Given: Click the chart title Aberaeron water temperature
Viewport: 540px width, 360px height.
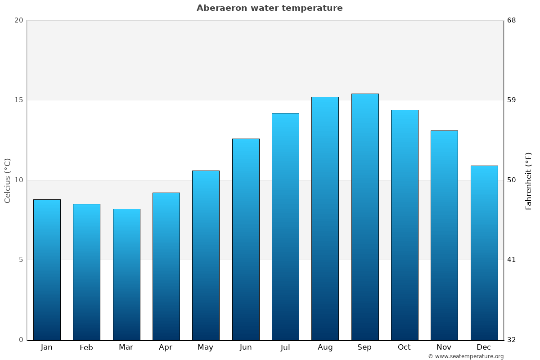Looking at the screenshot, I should (x=270, y=8).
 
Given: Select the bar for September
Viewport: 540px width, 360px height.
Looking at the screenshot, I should (x=365, y=216).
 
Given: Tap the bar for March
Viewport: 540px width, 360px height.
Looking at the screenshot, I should (x=126, y=274).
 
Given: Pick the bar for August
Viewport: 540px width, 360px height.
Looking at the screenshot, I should (x=325, y=218).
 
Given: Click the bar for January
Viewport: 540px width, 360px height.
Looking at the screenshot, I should (x=47, y=270).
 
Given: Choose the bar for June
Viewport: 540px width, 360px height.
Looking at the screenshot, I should (x=246, y=239).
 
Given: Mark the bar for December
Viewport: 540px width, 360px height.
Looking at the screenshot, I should (x=484, y=252).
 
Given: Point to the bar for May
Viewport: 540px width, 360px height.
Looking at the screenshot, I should (x=206, y=255).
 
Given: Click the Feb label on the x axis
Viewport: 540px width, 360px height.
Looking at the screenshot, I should (x=86, y=347).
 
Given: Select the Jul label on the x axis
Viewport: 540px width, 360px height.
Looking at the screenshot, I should (x=285, y=347).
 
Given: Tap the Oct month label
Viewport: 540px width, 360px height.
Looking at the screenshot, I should (x=404, y=347).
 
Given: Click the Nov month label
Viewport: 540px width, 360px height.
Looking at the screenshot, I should (x=444, y=347).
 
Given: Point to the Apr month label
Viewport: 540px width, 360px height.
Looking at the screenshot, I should (x=166, y=347).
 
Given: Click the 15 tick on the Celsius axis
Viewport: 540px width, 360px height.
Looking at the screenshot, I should (x=18, y=100).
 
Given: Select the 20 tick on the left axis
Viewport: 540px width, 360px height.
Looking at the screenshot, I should (x=18, y=20).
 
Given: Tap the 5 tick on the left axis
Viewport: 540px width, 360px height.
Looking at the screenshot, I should (x=21, y=260).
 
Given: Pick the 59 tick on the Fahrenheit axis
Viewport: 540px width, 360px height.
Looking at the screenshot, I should (x=512, y=100).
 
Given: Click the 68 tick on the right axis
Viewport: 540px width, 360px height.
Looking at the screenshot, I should (x=512, y=20).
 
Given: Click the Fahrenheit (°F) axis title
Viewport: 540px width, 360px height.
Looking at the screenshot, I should (x=529, y=181).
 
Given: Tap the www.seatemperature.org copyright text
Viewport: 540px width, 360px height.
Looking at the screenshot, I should (x=466, y=356).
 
